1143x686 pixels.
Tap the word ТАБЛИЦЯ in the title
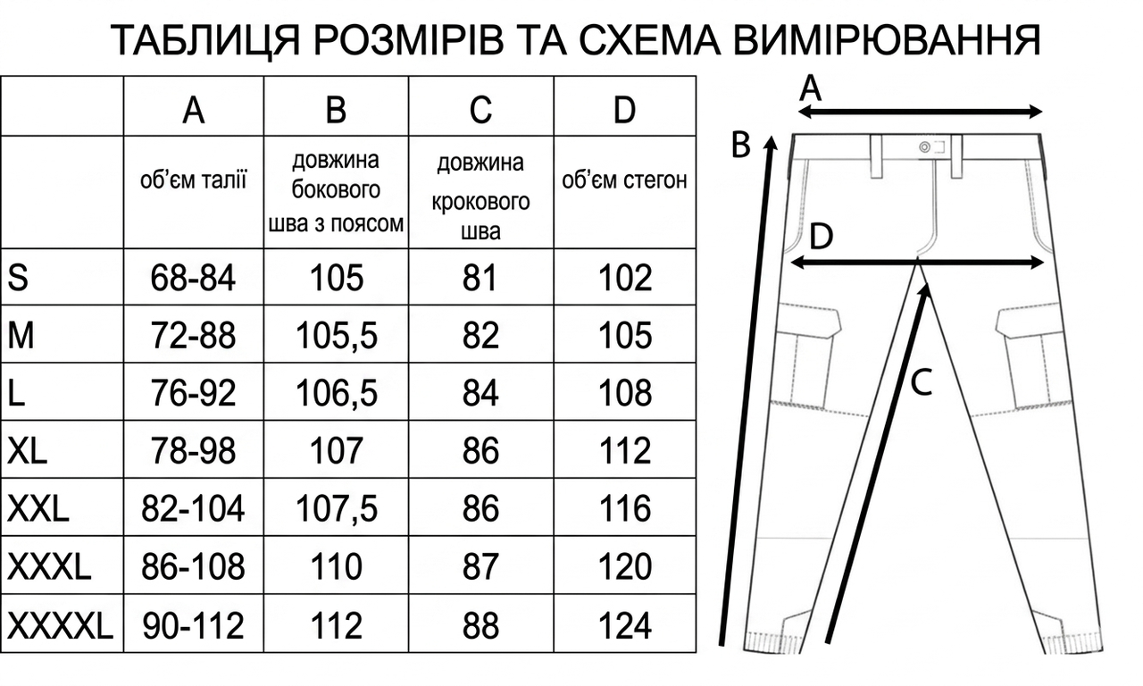205,41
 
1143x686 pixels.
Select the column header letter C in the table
480,109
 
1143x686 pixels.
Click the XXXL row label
49,566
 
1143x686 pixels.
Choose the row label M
21,335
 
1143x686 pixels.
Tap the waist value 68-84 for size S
193,278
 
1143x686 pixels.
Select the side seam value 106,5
337,394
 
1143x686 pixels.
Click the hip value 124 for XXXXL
624,625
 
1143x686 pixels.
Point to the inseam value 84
480,394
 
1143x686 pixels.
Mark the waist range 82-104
193,509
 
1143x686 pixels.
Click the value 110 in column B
337,566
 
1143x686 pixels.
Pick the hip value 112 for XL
624,451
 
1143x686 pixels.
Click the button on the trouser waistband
924,147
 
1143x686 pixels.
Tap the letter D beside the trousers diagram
821,237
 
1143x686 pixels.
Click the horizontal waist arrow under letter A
920,112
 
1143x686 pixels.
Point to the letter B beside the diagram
740,145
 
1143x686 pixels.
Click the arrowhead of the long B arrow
772,142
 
